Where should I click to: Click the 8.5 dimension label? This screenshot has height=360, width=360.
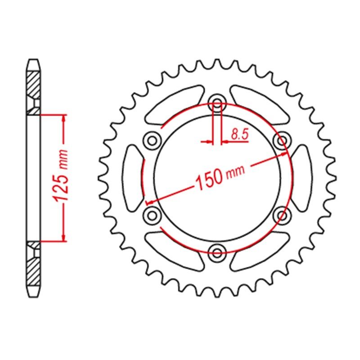(240, 134)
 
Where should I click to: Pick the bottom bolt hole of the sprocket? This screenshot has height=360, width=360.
(217, 253)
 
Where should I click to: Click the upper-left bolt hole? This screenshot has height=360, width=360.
(152, 140)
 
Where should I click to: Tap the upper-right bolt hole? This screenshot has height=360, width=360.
(283, 140)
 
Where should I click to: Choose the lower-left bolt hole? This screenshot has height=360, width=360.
(152, 216)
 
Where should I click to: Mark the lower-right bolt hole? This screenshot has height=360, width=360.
(283, 216)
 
